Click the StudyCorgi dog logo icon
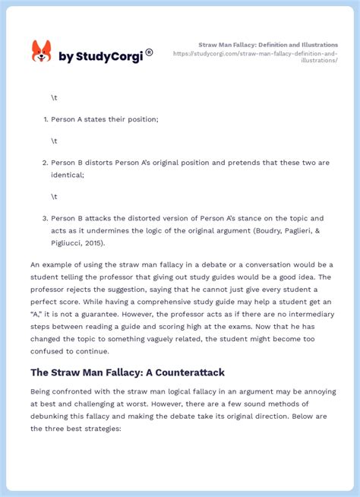[41, 52]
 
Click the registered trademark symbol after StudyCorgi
[150, 52]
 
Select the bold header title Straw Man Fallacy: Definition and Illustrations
[268, 45]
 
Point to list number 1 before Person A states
[45, 119]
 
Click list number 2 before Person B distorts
[45, 163]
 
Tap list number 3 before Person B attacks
[45, 218]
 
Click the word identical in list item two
[68, 175]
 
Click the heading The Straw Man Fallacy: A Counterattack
[128, 372]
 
